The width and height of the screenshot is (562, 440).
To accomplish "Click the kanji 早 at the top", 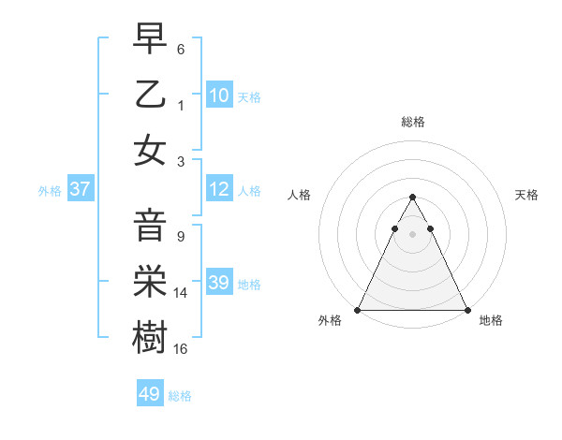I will tap(150, 40).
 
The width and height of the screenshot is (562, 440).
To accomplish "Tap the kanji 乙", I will tap(150, 95).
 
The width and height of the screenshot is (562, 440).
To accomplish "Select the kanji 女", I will tap(150, 149).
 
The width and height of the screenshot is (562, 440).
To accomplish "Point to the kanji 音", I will tap(150, 227).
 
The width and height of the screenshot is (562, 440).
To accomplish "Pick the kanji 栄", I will tap(150, 282).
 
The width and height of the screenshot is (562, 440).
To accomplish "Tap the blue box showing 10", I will tap(219, 95).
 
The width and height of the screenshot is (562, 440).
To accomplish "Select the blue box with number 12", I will tap(219, 189).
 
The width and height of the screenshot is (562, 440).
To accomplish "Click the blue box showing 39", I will tap(219, 283).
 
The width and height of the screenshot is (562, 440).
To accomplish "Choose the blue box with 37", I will tap(81, 189).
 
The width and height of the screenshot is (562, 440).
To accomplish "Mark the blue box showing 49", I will tap(150, 394).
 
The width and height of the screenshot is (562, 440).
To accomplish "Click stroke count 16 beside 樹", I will tap(182, 349).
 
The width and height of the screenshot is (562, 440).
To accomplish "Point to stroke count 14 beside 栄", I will tap(182, 293).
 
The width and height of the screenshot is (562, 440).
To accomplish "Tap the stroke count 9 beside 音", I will tap(180, 237).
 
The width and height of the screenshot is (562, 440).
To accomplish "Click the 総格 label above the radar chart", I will tap(412, 122).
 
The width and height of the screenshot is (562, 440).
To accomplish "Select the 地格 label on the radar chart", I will tap(491, 321).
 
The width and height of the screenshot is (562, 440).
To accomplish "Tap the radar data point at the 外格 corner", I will tap(358, 310).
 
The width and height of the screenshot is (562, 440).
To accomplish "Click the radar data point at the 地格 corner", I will tap(466, 310).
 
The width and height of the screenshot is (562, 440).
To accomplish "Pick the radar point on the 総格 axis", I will tap(412, 198).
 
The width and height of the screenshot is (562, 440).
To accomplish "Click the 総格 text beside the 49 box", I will tap(180, 396).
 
